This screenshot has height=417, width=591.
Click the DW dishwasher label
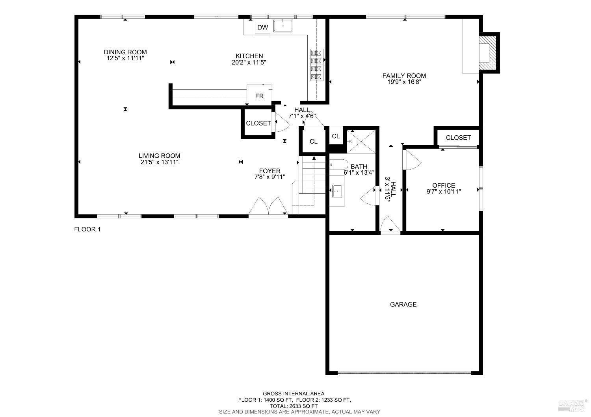point(262,27)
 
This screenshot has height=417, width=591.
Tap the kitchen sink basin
point(283,26)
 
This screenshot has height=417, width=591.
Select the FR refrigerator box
point(259,95)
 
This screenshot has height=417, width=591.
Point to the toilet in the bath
point(339,164)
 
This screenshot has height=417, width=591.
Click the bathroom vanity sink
point(337,191)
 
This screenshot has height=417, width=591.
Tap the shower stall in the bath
point(361,142)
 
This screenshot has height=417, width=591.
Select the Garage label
point(403,304)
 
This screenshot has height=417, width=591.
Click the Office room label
point(444,185)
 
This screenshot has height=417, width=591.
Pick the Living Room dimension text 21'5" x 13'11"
point(159,162)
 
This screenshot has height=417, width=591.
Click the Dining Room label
point(125,52)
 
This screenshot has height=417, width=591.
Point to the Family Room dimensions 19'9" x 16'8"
point(404,82)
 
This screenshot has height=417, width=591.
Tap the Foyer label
point(269,171)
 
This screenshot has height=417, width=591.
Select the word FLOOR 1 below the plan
point(87,229)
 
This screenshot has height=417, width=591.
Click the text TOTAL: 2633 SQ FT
point(294,406)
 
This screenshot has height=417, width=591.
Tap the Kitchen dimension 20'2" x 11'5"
point(249,63)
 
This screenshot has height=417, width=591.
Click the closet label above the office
point(458,138)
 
